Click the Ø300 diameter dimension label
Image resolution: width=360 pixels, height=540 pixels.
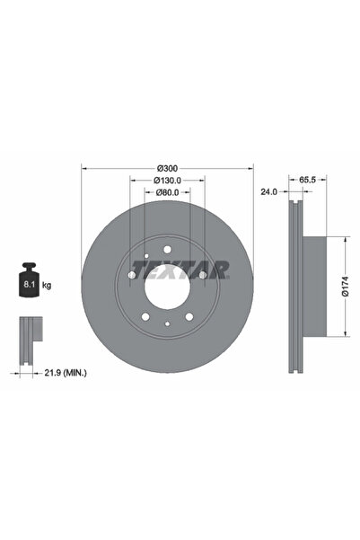click(x=166, y=168)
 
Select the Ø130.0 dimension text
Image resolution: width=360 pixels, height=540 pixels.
click(x=166, y=180)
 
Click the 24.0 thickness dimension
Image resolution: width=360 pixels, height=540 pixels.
click(x=268, y=191)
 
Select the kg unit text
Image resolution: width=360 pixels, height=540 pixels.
click(x=46, y=285)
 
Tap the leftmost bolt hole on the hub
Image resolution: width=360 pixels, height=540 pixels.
click(x=129, y=274)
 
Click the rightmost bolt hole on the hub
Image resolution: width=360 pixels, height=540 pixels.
click(x=204, y=274)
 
